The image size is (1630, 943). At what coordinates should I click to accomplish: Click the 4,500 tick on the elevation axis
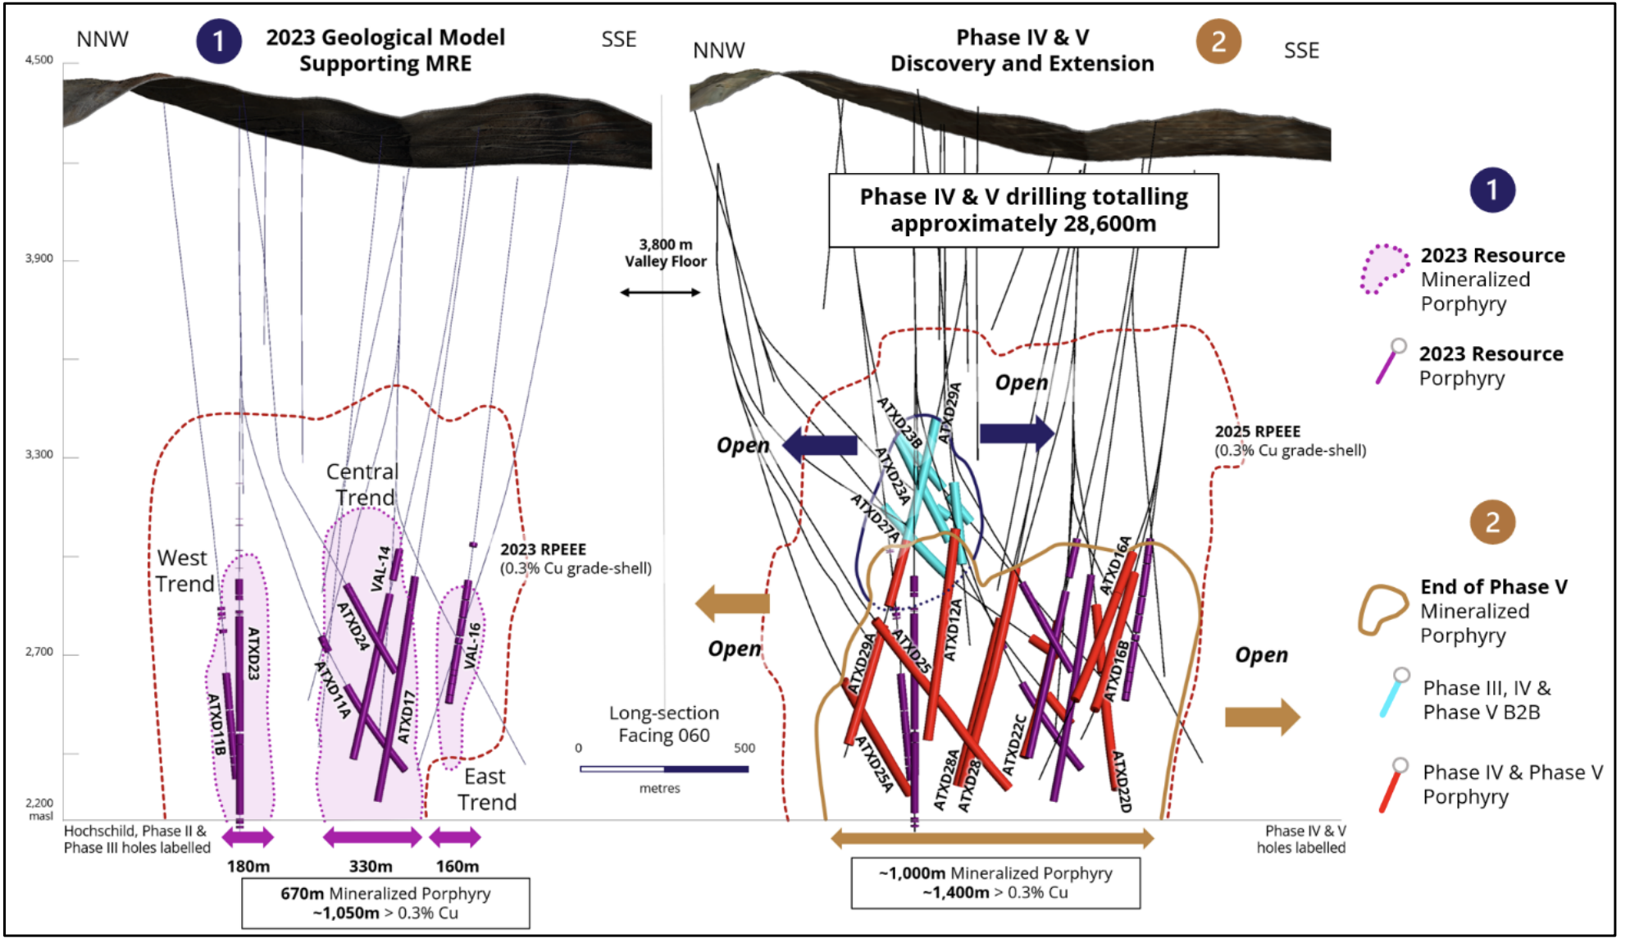point(39,60)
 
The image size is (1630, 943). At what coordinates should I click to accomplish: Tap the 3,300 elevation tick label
point(39,455)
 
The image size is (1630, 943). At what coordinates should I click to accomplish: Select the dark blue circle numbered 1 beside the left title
point(218,41)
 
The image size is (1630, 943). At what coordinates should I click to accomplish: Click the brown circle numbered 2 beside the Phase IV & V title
point(1218,41)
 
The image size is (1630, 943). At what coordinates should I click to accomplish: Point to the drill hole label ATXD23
point(253,654)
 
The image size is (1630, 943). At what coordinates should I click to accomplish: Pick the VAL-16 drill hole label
point(472,645)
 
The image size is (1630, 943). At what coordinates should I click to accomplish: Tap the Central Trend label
point(362,485)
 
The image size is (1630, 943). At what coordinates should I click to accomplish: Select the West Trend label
point(184,571)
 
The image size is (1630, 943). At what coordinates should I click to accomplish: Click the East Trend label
point(486,789)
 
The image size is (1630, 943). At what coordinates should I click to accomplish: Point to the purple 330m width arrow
point(372,837)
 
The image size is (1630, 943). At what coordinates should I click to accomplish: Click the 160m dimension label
point(457,866)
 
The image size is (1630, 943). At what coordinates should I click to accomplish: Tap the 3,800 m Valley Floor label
point(665,253)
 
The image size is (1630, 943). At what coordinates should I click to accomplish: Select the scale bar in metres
point(664,769)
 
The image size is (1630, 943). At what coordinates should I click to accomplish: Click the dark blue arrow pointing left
point(820,445)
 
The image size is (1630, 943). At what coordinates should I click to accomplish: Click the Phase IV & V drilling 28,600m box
point(1023,210)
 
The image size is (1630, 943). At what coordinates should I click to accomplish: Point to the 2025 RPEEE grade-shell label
point(1290,440)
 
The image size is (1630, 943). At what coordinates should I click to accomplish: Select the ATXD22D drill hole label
point(1121,781)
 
